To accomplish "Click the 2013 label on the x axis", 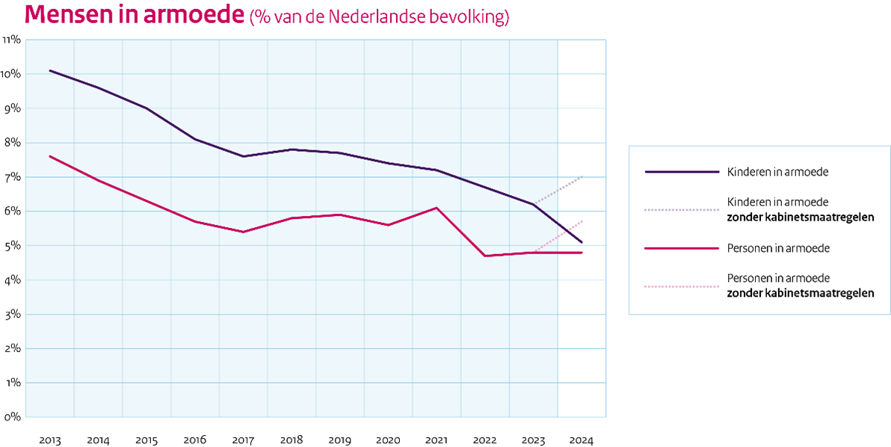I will [50, 440].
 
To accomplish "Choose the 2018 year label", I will [292, 440].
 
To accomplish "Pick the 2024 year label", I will [582, 440].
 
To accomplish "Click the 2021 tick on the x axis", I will [437, 440].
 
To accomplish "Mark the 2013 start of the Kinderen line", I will [50, 71].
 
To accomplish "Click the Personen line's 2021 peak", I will [437, 208].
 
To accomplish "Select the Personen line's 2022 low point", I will [485, 256].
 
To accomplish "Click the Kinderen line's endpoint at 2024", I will [582, 242].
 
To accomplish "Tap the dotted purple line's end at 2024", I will [582, 177].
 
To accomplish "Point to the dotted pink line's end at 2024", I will [582, 221].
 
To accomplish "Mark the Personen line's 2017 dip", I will [244, 232].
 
